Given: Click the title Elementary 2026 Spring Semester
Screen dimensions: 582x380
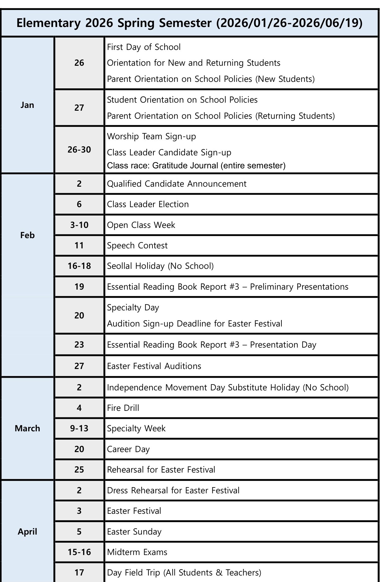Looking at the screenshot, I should coord(189,23).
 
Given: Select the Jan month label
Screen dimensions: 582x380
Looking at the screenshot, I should coord(27,105).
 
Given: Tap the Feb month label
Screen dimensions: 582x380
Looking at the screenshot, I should coord(27,235).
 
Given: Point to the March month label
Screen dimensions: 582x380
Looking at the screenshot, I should coord(27,429).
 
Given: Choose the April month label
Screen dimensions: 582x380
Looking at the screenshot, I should coord(27,532).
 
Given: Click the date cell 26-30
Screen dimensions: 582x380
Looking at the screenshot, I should coord(79,150).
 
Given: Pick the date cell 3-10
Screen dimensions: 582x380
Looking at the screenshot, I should coord(79,225).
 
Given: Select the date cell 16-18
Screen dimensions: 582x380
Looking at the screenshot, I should coord(79,266).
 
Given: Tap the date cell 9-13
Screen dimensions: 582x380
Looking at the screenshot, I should coord(79,429).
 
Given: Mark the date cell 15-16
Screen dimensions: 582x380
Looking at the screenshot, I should coord(79,552).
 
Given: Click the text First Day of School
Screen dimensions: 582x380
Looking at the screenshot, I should coord(144,47).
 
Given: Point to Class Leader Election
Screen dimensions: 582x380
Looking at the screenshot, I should coord(148,204).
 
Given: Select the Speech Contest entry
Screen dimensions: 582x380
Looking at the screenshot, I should coord(137,246).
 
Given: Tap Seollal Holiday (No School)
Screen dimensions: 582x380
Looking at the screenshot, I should coord(160,266).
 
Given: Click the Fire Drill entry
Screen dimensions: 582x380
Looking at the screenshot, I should coord(123,408).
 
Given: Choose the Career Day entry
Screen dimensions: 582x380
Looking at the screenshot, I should coord(128,449).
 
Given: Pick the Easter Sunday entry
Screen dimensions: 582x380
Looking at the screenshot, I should coord(134,532).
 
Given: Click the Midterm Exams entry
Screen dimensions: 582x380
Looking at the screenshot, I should coord(137,552).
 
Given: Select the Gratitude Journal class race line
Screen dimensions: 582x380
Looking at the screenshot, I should coord(196,166).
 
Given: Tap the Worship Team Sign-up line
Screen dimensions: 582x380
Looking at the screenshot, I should coord(152,136).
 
